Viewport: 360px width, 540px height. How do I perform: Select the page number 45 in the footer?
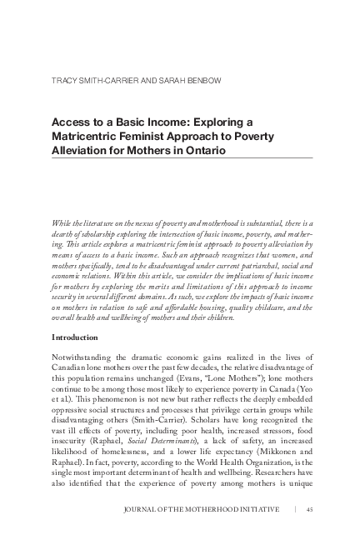pyautogui.click(x=309, y=509)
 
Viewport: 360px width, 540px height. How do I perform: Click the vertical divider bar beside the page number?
pyautogui.click(x=293, y=509)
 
